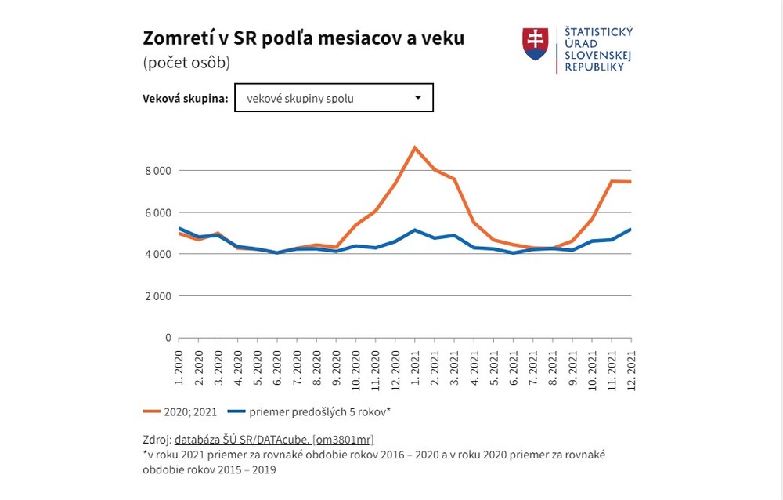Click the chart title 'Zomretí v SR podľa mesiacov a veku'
tap(303, 38)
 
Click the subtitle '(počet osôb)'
tap(186, 63)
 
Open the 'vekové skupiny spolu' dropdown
tap(334, 98)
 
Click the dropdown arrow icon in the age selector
tap(418, 98)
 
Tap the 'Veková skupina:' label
tap(186, 99)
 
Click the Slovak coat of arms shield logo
tap(536, 44)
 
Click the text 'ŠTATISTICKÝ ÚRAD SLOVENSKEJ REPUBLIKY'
tap(598, 49)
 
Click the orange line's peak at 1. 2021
tap(415, 147)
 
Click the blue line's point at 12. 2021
tap(630, 230)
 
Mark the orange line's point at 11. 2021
tap(612, 181)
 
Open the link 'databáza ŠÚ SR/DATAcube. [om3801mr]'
tap(280, 439)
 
